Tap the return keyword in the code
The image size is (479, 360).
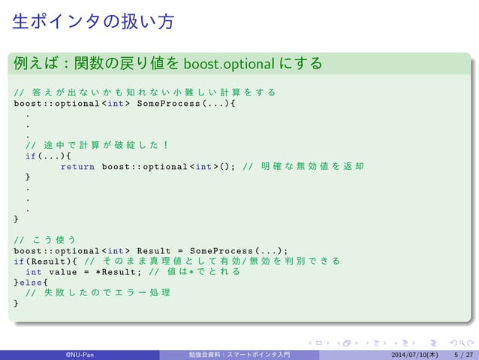pyautogui.click(x=77, y=166)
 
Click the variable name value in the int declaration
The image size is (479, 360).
pyautogui.click(x=64, y=271)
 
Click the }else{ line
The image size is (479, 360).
pyautogui.click(x=31, y=282)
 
